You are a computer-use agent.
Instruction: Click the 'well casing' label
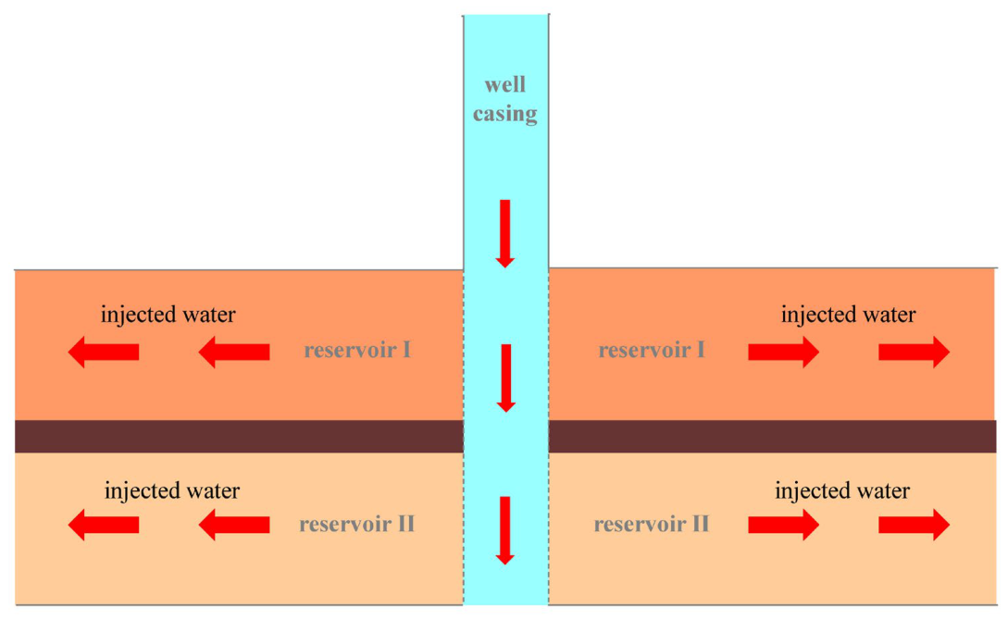505,99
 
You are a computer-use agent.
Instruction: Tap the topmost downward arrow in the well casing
505,233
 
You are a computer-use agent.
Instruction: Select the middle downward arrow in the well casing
506,378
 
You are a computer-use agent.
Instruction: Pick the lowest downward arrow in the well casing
505,530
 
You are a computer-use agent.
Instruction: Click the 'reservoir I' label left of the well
357,350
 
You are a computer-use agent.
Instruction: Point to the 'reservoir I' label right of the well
652,350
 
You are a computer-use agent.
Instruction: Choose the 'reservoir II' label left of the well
356,525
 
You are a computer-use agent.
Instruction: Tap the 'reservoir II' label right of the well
652,525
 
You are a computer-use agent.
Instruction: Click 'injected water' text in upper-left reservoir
168,315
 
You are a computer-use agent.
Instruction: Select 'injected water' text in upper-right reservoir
849,315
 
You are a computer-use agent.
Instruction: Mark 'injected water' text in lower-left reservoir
172,490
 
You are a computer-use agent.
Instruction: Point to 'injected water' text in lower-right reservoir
842,490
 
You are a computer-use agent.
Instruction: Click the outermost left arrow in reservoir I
104,352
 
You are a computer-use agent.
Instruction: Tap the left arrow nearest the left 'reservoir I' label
234,352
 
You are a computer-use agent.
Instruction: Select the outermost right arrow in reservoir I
915,352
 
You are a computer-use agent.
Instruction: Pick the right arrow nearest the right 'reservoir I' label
784,352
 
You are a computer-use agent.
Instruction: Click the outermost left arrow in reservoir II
104,525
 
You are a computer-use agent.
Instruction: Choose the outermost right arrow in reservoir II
915,525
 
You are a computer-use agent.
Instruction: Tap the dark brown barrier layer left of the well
239,437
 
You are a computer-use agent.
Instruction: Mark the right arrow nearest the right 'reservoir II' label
784,525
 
